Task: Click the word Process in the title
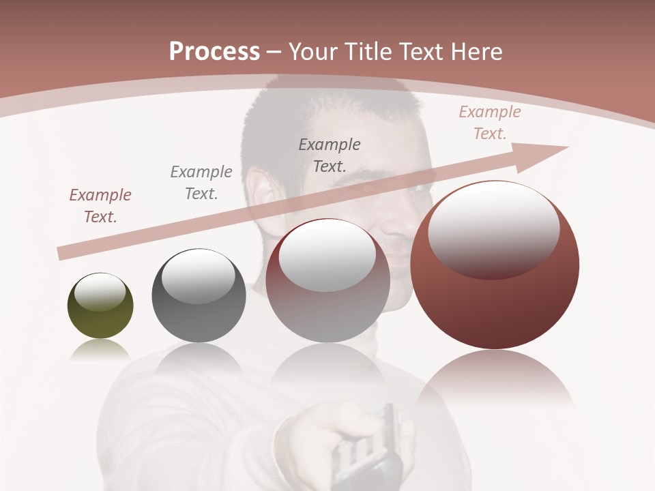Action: tap(214, 52)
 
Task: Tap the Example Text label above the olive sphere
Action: tap(100, 205)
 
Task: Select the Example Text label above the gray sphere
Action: tap(201, 182)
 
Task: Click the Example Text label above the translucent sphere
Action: tap(330, 155)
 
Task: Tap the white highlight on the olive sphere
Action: tap(100, 292)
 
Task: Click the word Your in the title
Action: tap(312, 52)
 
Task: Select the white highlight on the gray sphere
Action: tap(199, 274)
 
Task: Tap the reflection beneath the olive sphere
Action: tap(100, 349)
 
